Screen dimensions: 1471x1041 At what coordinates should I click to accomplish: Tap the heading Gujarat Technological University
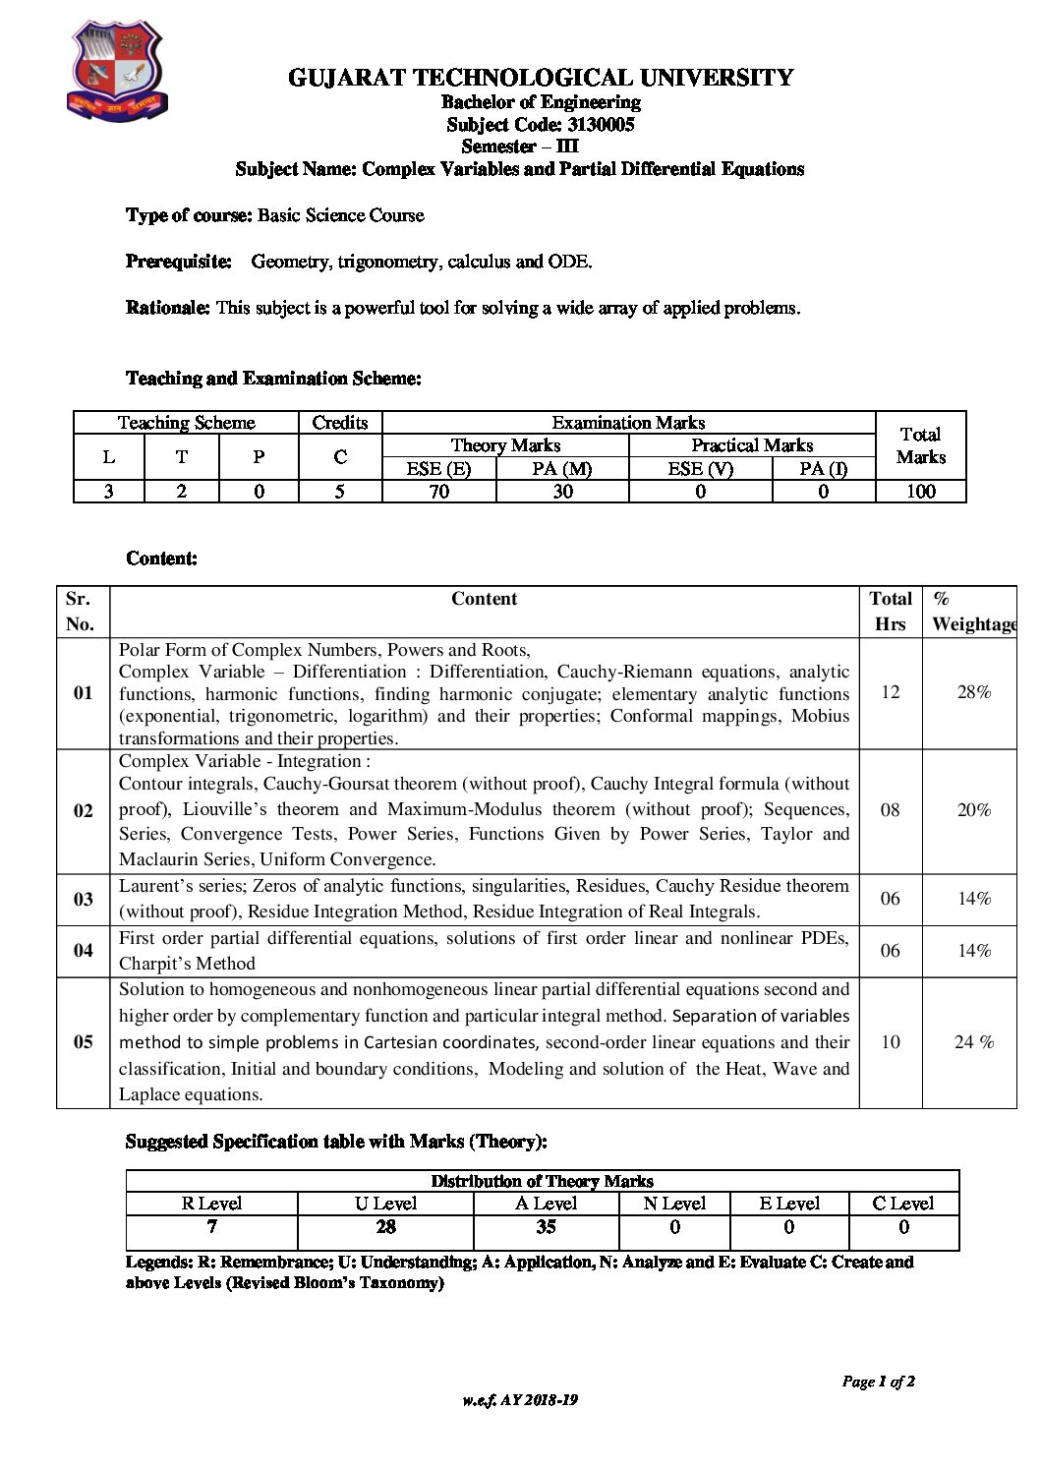[541, 78]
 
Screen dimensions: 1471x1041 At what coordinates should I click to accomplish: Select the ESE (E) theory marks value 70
[438, 491]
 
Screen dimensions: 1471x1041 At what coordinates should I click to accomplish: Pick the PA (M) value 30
[562, 491]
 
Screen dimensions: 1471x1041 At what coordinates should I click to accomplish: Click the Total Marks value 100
[920, 491]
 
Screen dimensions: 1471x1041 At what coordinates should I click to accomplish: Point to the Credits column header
[340, 423]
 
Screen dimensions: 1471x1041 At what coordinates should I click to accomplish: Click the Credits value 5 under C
[340, 491]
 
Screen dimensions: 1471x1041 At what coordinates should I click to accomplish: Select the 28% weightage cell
[973, 692]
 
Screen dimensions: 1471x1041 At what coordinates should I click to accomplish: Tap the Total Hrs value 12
[890, 692]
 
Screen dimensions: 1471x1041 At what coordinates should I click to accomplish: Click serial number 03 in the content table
[84, 899]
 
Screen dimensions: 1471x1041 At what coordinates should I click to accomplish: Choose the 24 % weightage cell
[973, 1042]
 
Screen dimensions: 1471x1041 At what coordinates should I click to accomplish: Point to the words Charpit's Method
[187, 964]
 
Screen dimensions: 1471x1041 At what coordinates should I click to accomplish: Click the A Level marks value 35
[546, 1227]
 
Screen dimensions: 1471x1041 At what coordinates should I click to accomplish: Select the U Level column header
[385, 1204]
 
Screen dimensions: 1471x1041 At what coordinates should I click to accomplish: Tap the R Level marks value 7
[211, 1227]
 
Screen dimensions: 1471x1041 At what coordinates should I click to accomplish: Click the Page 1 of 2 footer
[878, 1382]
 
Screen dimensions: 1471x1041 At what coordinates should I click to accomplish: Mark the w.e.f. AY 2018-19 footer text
[520, 1400]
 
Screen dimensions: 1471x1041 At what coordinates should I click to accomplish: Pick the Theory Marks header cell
[505, 445]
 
